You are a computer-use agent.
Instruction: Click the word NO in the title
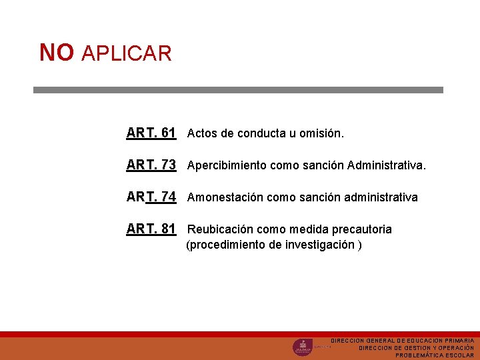click(56, 52)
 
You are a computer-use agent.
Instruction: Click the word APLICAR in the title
click(127, 53)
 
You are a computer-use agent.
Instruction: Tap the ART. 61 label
click(151, 133)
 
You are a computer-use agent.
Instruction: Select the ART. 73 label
click(151, 165)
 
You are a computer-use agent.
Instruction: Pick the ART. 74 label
click(151, 197)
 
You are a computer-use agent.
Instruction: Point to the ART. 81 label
click(151, 229)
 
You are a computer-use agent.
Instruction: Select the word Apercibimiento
click(227, 165)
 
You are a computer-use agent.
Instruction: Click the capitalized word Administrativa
click(385, 165)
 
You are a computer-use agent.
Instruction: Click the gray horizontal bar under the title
click(238, 89)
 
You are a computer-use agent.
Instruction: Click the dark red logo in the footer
click(302, 347)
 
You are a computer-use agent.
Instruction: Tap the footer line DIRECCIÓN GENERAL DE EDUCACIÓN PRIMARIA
click(402, 341)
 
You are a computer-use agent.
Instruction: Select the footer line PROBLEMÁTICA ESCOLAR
click(434, 355)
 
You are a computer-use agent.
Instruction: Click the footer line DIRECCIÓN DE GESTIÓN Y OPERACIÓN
click(416, 348)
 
